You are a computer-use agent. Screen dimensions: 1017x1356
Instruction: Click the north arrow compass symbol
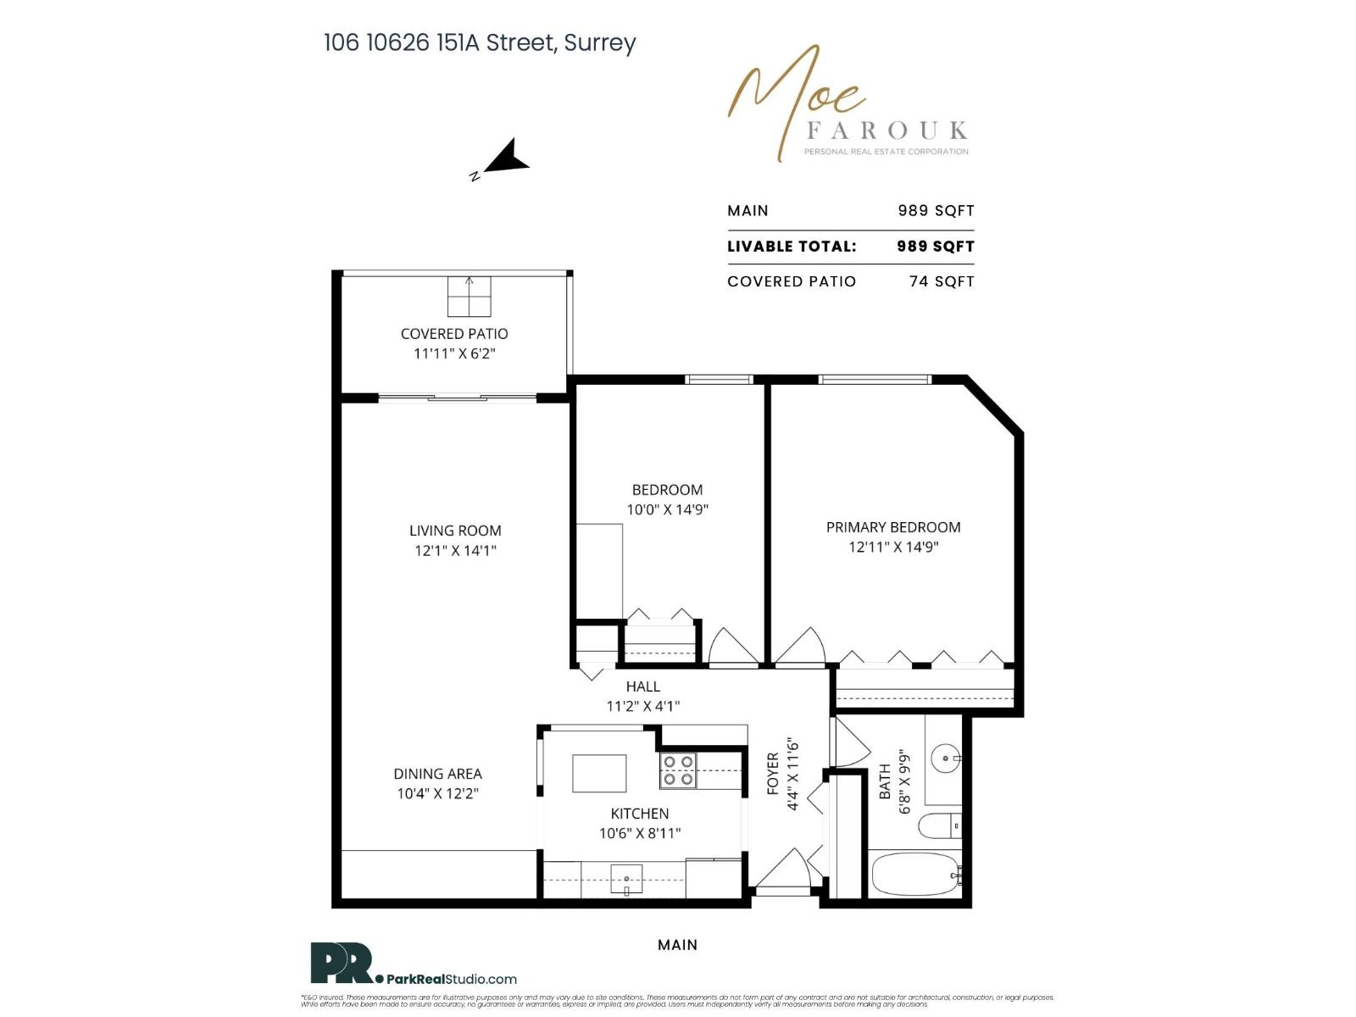(x=507, y=158)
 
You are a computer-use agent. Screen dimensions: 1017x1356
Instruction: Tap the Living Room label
(x=455, y=531)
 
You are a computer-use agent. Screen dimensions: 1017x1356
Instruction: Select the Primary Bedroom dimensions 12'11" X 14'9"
(x=893, y=547)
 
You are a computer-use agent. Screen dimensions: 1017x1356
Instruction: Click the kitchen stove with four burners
(x=678, y=770)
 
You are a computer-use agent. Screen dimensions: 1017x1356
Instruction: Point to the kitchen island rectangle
(x=599, y=773)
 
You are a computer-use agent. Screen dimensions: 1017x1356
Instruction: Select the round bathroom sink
(x=946, y=758)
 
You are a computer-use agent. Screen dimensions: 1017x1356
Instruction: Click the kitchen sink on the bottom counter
(x=626, y=880)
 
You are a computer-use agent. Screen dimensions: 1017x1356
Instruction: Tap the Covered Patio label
(x=454, y=334)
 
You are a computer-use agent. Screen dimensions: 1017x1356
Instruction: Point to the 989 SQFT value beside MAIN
(x=936, y=211)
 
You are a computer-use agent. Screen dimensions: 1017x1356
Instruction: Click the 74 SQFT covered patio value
(x=941, y=281)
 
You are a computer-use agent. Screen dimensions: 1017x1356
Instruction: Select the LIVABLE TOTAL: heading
(x=792, y=247)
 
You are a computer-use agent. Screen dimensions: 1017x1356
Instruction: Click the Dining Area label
(x=437, y=774)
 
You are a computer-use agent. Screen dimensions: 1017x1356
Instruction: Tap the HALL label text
(x=642, y=686)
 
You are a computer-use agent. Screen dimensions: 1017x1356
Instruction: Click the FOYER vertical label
(x=773, y=773)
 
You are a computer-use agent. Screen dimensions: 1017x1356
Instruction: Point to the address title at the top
(x=480, y=42)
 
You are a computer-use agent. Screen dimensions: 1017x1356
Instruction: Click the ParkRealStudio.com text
(x=451, y=979)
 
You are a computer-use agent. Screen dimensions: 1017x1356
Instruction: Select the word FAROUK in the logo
(x=886, y=131)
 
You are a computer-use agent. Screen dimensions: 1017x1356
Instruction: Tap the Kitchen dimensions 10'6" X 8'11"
(x=640, y=833)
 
